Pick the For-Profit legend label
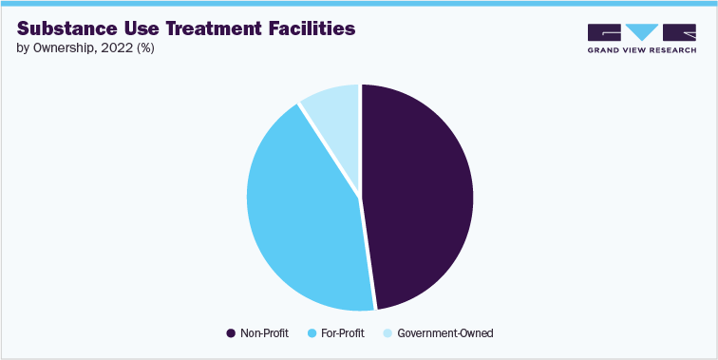(344, 333)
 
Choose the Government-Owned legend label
(445, 333)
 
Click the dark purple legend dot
(231, 333)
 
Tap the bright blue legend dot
(312, 333)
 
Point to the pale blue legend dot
(387, 333)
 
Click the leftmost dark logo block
(604, 33)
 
